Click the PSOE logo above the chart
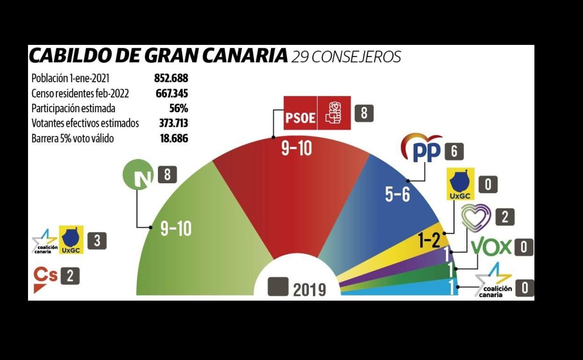pos(317,113)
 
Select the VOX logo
pos(491,246)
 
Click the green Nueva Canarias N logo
pos(138,175)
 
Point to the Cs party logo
pos(45,278)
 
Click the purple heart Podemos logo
pos(476,218)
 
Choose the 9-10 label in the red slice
pos(296,149)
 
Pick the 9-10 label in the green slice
pos(176,228)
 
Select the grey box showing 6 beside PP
pos(454,151)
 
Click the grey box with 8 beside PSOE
pos(364,113)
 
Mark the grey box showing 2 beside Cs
pos(70,276)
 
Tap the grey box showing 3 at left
pos(97,240)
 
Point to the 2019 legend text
pos(309,290)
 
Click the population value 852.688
pos(171,78)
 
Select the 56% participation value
pos(178,108)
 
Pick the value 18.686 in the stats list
pos(174,139)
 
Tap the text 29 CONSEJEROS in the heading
pos(346,57)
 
